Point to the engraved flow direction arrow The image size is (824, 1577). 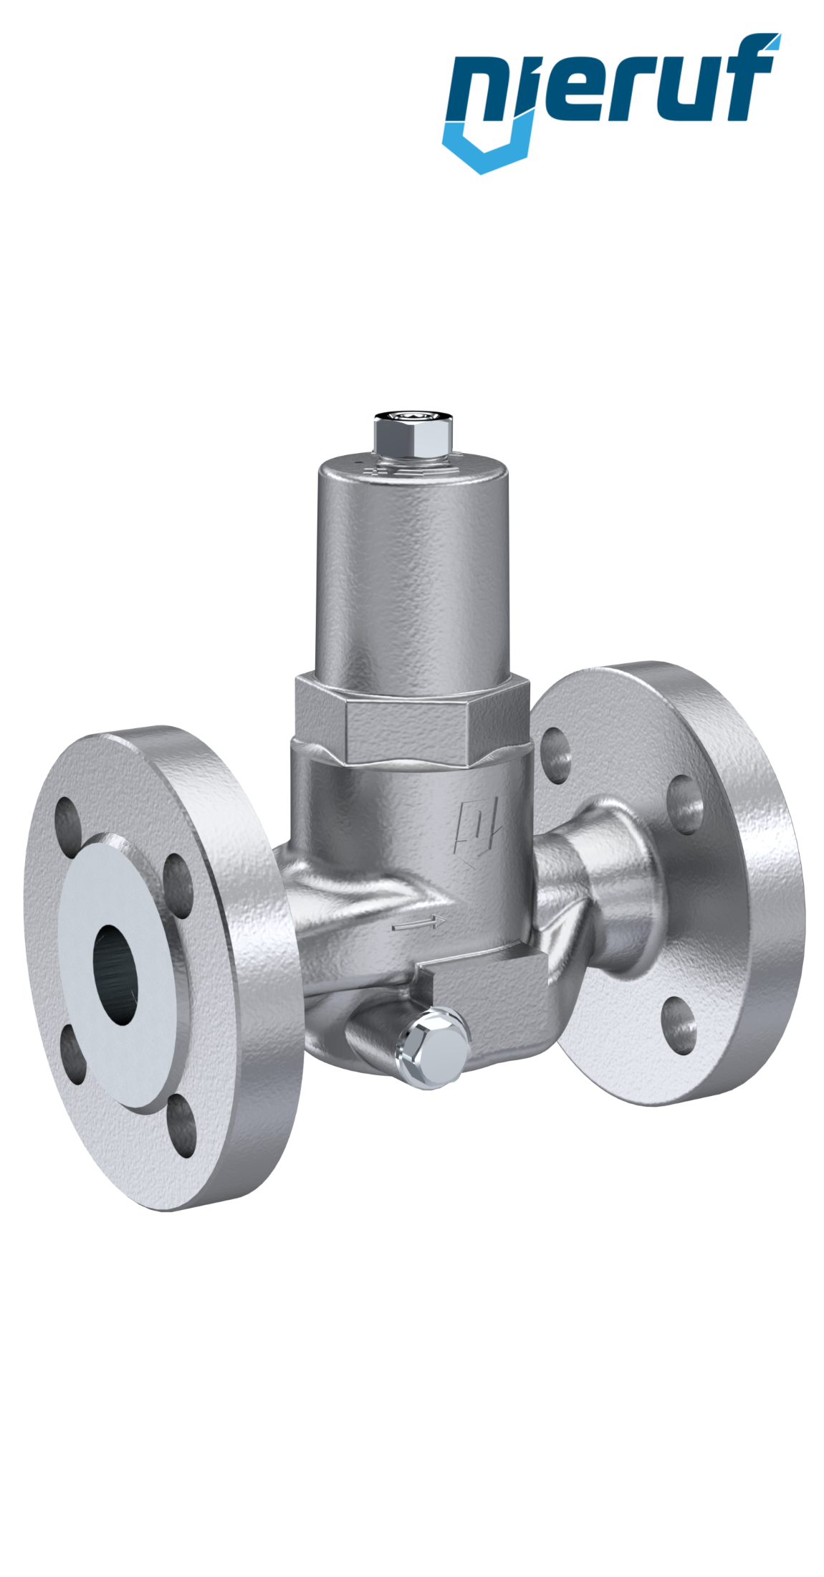click(x=420, y=924)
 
